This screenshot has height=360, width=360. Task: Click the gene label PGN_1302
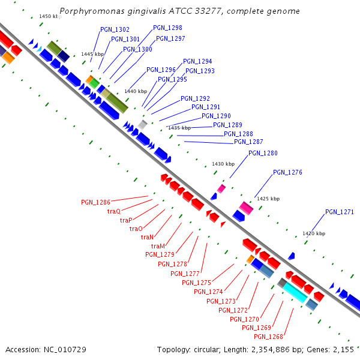pos(115,29)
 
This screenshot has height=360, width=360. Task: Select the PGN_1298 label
pos(167,28)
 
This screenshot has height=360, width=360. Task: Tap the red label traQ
pos(114,211)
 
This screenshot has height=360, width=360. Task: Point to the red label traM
pos(158,246)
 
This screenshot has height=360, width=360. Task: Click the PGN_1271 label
pos(340,212)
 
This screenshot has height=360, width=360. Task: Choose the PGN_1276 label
pos(287,172)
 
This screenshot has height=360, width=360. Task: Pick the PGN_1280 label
pos(263,153)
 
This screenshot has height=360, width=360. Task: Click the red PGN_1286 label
pos(95,202)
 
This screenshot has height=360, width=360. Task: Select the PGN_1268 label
pos(268,337)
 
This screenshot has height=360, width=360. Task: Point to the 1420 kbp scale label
pos(313,233)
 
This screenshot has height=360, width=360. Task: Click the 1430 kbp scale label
pos(223,164)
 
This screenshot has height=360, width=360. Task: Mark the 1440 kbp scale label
pos(135,91)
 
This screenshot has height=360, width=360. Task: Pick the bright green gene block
pos(94,83)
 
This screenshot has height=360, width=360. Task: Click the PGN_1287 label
pos(248,142)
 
